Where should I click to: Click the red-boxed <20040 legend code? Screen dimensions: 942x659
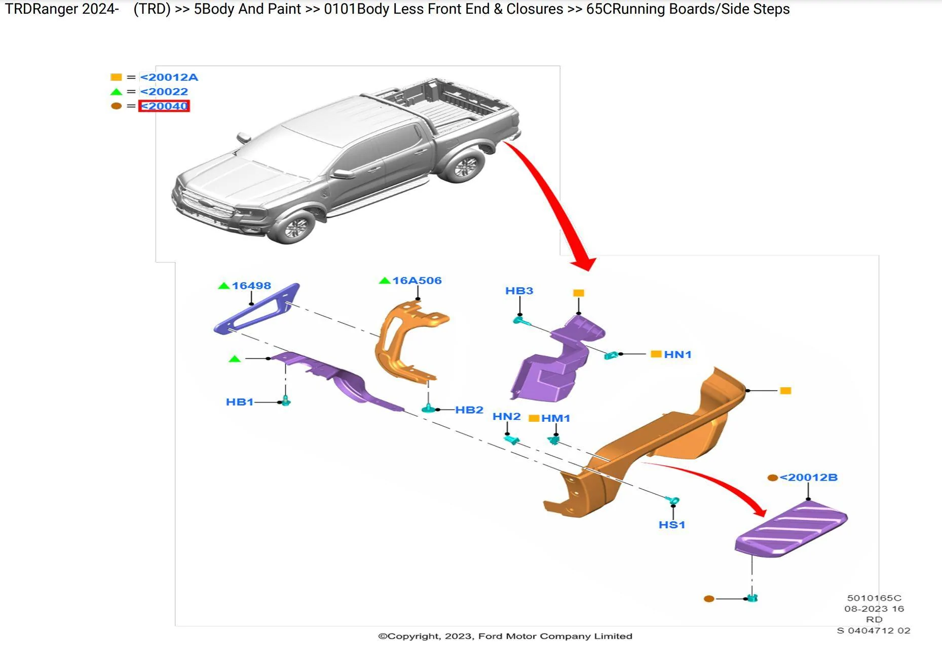click(164, 106)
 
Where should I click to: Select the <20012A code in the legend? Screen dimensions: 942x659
click(169, 77)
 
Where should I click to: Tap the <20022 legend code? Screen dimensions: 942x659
click(164, 92)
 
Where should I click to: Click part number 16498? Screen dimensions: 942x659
click(251, 286)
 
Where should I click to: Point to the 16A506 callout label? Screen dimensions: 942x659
click(417, 281)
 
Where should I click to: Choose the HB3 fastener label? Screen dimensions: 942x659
click(519, 291)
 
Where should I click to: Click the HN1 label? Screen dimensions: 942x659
click(678, 355)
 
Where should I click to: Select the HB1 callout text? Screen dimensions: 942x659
click(240, 402)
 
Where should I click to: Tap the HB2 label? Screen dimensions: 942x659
click(469, 410)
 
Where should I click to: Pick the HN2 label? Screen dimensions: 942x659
click(507, 417)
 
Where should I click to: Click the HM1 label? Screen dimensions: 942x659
click(556, 419)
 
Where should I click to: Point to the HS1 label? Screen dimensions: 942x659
click(672, 525)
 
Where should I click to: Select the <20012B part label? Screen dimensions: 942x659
click(809, 478)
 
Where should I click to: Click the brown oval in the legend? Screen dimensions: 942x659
click(116, 106)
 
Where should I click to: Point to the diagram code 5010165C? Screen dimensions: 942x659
click(874, 598)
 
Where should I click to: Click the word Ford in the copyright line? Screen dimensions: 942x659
click(491, 636)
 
